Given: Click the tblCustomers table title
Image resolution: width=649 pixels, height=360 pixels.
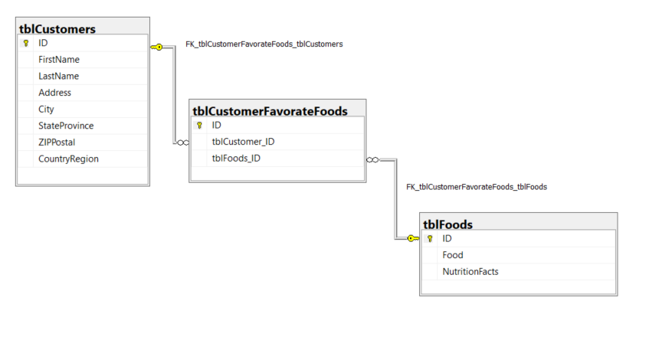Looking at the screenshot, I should click(58, 29).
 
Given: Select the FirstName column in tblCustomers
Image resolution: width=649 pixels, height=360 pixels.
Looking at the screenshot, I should click(59, 60).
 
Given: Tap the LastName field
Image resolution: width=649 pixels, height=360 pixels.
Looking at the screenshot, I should click(58, 77).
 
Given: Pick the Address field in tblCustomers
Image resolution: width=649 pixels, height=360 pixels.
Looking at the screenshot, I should click(54, 93).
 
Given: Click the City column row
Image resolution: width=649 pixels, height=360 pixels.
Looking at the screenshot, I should click(46, 110).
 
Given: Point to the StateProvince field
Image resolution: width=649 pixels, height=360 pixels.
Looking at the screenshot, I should click(66, 126).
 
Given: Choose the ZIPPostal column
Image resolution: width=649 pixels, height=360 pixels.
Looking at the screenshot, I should click(57, 142).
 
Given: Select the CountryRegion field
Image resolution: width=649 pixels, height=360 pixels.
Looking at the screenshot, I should click(68, 159).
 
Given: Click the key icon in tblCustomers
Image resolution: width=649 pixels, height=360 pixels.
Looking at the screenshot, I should click(25, 44).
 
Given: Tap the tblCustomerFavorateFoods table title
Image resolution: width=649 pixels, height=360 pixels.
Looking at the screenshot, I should click(270, 111).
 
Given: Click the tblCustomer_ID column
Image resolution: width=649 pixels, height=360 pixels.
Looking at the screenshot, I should click(243, 142).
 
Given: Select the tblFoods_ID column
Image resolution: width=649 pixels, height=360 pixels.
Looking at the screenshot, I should click(236, 159).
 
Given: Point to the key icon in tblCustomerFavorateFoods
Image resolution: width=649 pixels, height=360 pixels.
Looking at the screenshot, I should click(199, 126).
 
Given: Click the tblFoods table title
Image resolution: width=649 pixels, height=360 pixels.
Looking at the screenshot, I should click(448, 224).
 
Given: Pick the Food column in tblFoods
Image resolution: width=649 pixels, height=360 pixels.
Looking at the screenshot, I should click(453, 255).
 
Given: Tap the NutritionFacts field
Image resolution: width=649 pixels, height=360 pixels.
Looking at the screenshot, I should click(470, 272).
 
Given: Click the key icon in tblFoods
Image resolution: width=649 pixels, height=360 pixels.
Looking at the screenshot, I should click(430, 239).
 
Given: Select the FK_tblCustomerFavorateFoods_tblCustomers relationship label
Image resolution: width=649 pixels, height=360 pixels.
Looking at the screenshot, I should click(264, 44).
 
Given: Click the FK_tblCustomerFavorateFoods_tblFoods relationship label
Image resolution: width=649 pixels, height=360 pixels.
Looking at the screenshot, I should click(476, 187).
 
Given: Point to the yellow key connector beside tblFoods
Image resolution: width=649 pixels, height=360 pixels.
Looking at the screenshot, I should click(411, 238).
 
